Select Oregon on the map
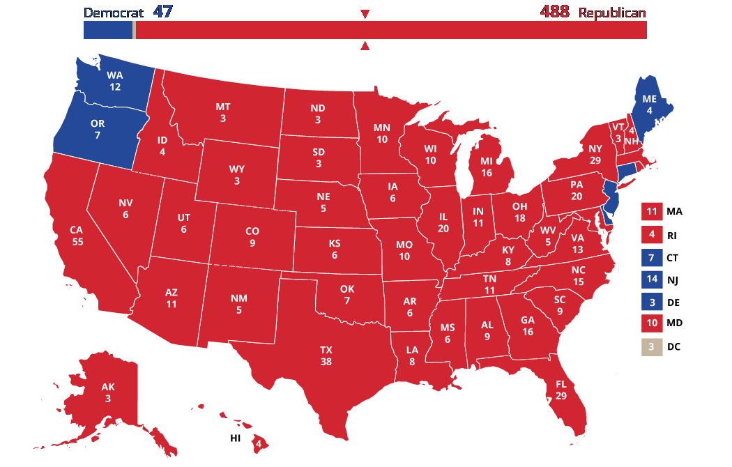tap(98, 128)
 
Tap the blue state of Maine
tap(649, 104)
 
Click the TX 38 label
tap(326, 355)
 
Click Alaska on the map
tap(107, 393)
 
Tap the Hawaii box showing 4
tap(259, 443)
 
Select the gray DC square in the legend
tap(650, 346)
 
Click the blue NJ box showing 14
tap(650, 280)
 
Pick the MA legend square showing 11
tap(650, 211)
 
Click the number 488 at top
tap(554, 12)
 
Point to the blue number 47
tap(162, 12)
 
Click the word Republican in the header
tap(611, 13)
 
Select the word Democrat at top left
tap(114, 13)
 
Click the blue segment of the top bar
tap(107, 30)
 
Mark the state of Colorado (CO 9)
tap(252, 236)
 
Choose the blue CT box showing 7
tap(650, 257)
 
